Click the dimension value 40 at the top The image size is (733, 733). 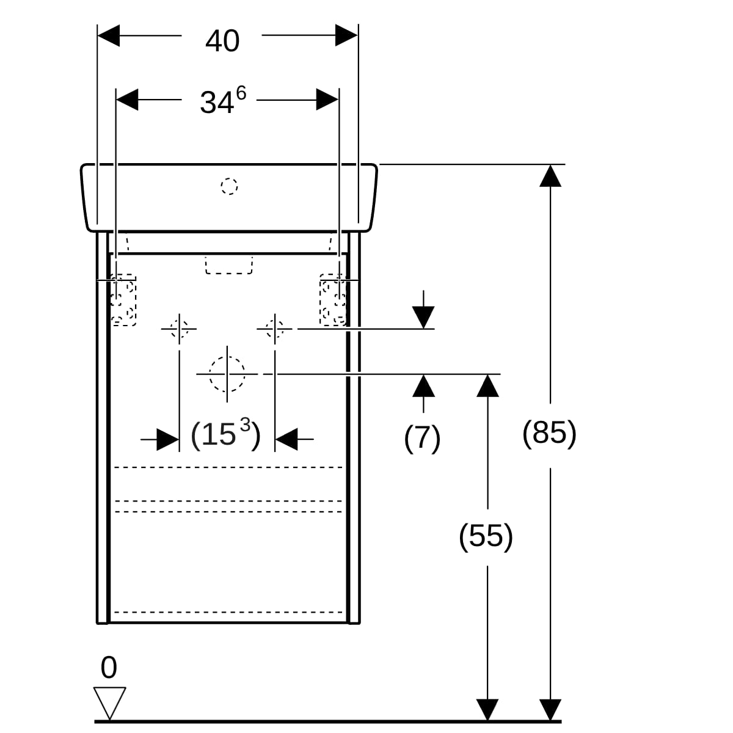coord(222,41)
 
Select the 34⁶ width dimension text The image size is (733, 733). coord(224,100)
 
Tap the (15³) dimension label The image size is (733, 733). coord(226,434)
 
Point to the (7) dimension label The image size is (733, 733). coord(422,439)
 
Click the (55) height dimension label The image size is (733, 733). coord(486,536)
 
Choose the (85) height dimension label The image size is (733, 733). coord(550,433)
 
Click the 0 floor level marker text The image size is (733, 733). coord(109,667)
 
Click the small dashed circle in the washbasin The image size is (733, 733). coord(230,186)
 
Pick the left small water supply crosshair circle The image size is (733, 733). coord(179,329)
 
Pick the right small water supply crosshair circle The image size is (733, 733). coord(275,329)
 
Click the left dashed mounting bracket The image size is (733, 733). coord(123,300)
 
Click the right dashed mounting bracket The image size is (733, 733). coord(333,300)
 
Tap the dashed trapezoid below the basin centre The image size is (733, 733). coord(229,265)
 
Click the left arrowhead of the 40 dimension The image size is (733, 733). coord(109,35)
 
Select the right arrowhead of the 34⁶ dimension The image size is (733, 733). coord(327,100)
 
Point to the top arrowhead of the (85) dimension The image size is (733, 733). coord(550,176)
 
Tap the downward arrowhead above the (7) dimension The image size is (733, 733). coord(423,318)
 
